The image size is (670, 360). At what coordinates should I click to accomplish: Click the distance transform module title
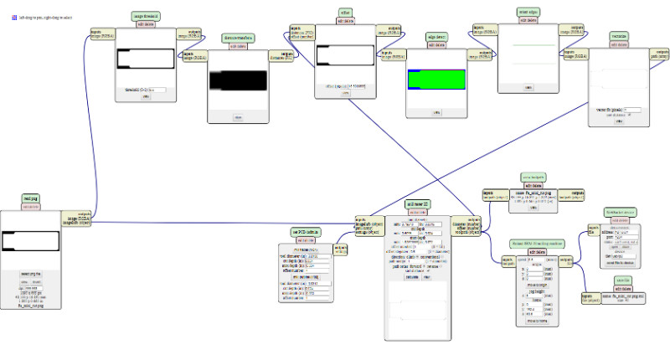237,39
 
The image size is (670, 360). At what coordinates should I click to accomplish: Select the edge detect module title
435,38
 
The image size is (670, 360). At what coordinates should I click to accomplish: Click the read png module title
30,198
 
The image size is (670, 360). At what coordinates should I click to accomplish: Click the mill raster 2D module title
419,204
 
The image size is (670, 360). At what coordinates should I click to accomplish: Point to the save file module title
621,280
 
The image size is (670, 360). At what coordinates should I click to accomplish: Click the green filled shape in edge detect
435,80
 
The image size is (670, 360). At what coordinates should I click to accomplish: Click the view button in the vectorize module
619,121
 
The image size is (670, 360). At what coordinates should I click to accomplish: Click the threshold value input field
154,89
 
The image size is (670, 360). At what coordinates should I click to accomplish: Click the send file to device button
621,262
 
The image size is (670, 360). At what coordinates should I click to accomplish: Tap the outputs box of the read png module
77,219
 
